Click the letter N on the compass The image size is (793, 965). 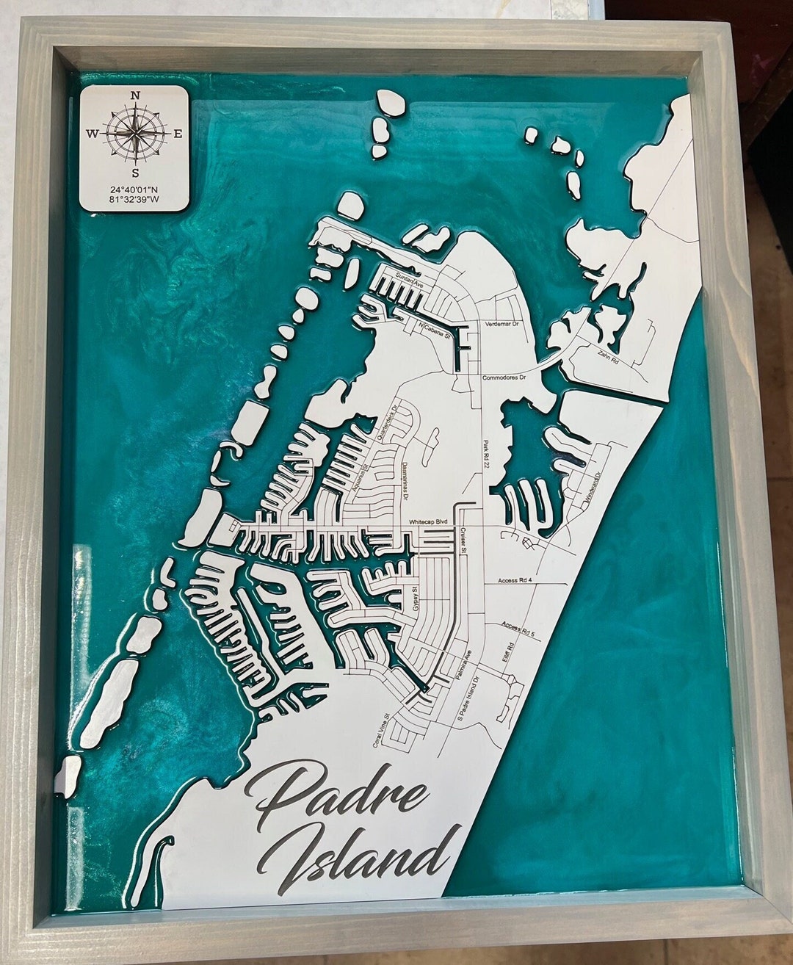click(135, 95)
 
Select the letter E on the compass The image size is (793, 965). click(177, 134)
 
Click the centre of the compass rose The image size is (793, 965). click(135, 134)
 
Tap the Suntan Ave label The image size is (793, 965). click(410, 279)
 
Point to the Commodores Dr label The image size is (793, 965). click(504, 378)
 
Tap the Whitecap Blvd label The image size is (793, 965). click(428, 521)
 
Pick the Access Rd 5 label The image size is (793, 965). click(519, 629)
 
